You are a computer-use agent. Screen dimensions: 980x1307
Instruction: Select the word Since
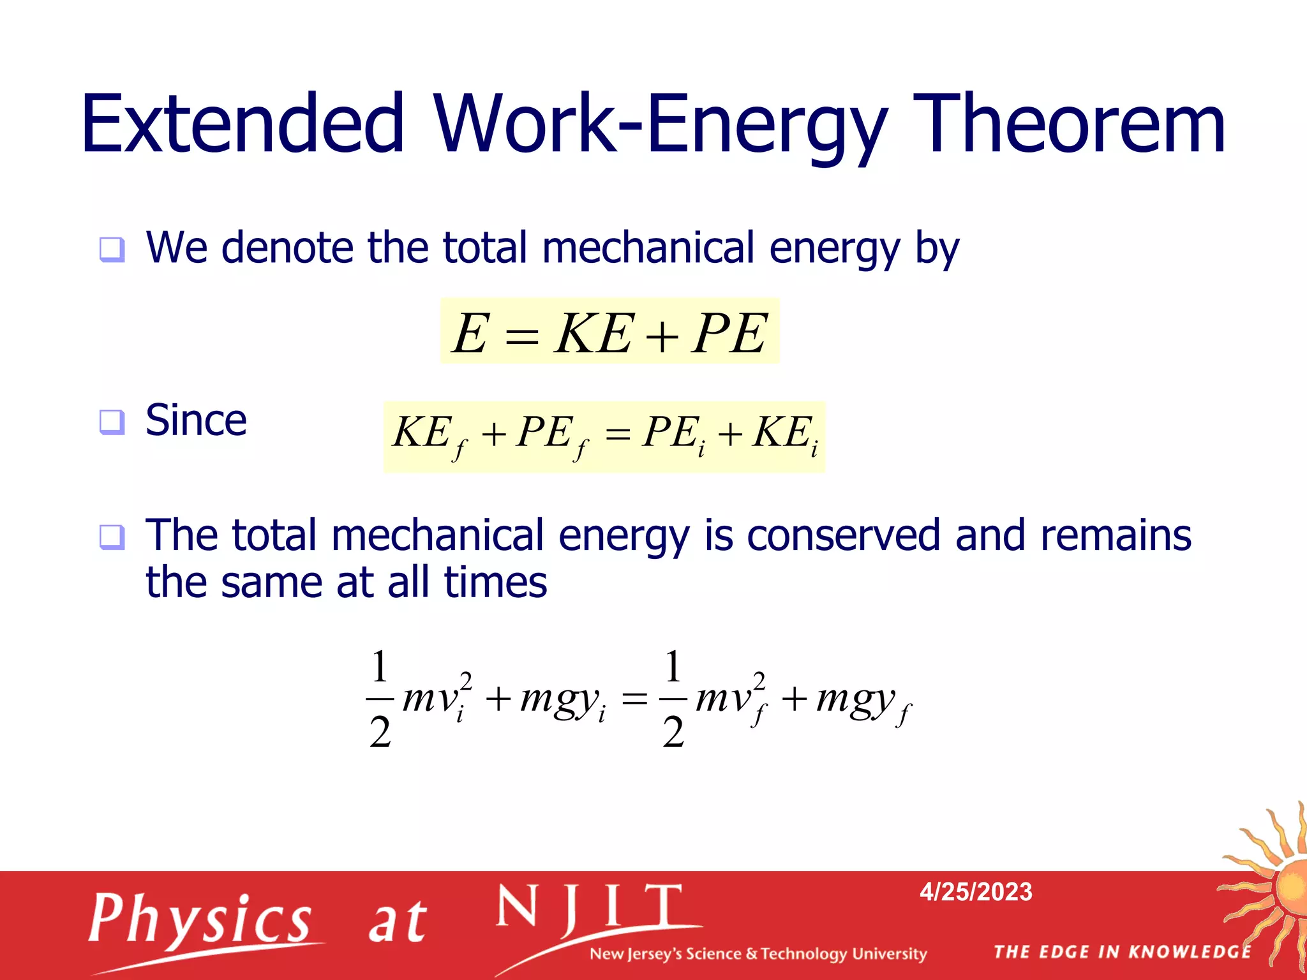click(196, 420)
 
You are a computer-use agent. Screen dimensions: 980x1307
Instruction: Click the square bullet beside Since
click(112, 422)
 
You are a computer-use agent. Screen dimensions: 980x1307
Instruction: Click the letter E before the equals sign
click(471, 333)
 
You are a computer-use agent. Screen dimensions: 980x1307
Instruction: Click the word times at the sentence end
click(495, 582)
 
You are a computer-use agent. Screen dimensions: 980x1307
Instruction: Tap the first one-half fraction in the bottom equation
click(380, 698)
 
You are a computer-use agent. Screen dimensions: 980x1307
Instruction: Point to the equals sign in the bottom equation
click(634, 700)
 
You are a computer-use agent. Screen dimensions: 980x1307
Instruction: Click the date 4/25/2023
click(976, 891)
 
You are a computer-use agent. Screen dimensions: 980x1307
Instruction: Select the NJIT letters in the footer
click(590, 907)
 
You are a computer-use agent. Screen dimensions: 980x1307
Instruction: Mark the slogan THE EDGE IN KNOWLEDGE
click(1123, 952)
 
